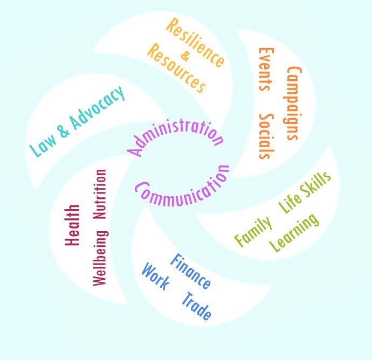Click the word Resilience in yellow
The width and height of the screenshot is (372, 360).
coord(195,42)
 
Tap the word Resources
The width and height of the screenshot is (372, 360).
coord(176,68)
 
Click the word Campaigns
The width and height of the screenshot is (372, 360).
coord(293,103)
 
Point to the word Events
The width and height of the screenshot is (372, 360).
coord(266,69)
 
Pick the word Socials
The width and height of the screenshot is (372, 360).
coord(267,136)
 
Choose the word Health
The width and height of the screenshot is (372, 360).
coord(72,225)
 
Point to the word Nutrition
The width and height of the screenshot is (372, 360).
coord(100,194)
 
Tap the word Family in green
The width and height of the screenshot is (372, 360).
coord(253,232)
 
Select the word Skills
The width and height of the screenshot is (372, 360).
coord(315,184)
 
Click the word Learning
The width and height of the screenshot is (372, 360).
coord(294,233)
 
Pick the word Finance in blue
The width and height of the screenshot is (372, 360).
coord(191,271)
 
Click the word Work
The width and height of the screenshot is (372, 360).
coord(155,276)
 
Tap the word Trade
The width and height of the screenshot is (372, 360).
coord(197,306)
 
